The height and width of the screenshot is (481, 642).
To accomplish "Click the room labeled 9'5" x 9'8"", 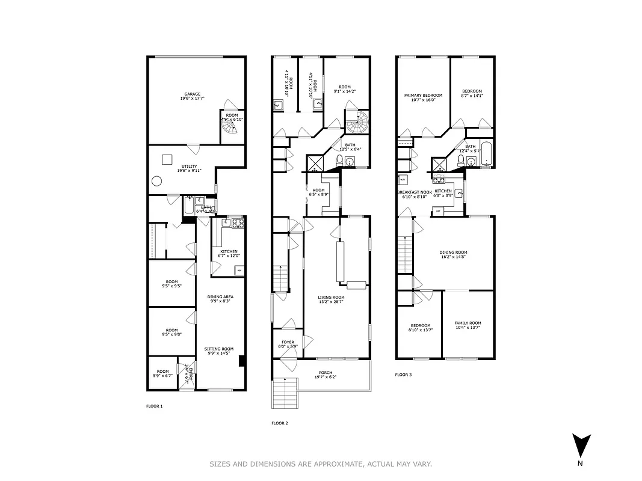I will pyautogui.click(x=172, y=332).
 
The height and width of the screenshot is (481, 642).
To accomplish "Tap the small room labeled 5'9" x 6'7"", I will pyautogui.click(x=163, y=373).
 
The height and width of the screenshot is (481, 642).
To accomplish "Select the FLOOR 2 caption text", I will pyautogui.click(x=279, y=423).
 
